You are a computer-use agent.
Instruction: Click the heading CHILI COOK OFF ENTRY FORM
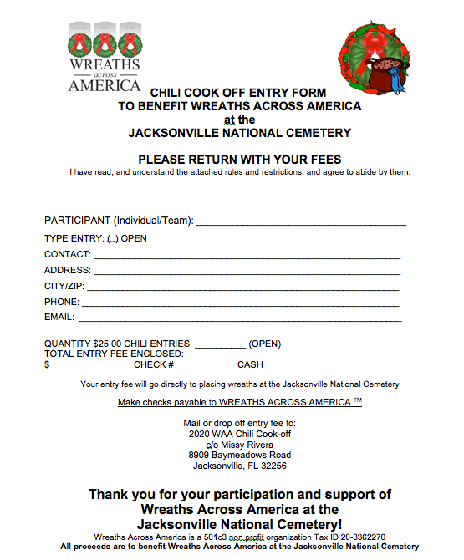[238, 92]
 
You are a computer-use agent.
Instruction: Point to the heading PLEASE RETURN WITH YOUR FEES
[239, 160]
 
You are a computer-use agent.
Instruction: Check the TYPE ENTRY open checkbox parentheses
[113, 238]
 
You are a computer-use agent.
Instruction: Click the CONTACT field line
[247, 254]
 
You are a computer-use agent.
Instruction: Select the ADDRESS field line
[247, 270]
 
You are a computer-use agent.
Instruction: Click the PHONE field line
[240, 302]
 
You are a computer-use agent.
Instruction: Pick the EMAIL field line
[240, 318]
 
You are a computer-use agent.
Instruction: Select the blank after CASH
[286, 364]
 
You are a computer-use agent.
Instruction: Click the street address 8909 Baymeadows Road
[239, 455]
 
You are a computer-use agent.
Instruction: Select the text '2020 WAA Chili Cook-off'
[239, 434]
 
